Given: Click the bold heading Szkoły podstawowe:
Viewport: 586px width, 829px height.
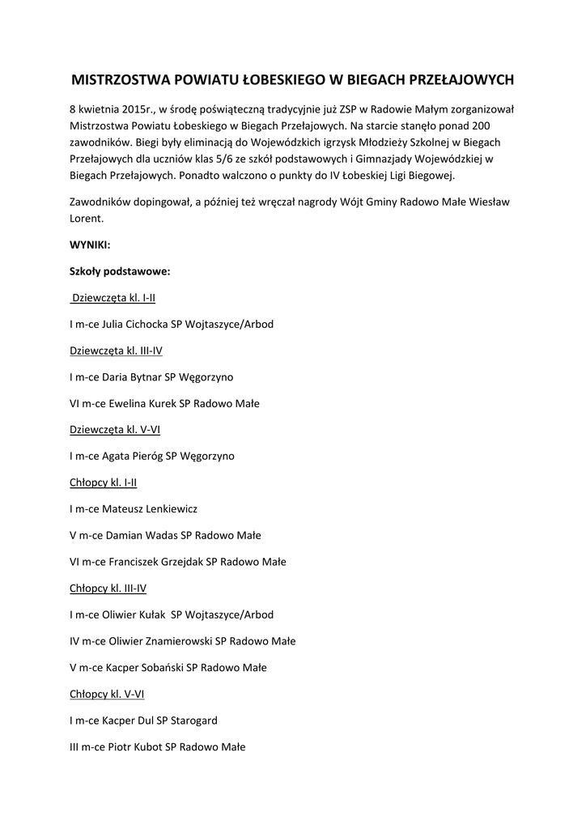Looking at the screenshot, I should [x=119, y=271].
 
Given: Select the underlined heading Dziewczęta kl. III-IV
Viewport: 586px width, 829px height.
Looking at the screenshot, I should [x=117, y=351].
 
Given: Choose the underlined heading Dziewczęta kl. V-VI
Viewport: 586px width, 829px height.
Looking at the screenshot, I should [x=115, y=429].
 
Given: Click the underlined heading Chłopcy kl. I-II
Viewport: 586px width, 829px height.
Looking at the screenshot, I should [x=103, y=483].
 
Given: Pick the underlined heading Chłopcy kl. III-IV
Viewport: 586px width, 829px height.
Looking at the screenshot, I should [x=108, y=588].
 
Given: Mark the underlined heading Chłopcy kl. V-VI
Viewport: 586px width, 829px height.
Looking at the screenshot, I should [x=107, y=694].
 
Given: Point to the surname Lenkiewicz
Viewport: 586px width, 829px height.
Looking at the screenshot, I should [x=168, y=509].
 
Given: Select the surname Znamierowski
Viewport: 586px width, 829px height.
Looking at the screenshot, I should [x=178, y=641].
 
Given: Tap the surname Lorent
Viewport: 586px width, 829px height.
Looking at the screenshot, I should [x=87, y=218].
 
